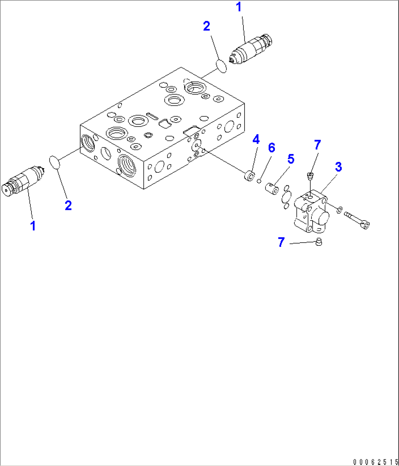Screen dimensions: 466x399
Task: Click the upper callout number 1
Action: [239, 7]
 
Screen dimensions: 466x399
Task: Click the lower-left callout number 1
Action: [33, 226]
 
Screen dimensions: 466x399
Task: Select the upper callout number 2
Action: [206, 26]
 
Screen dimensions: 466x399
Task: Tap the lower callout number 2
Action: [68, 205]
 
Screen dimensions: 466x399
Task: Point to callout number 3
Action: [338, 167]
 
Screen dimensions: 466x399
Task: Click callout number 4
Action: [256, 139]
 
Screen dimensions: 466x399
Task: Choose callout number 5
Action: [291, 159]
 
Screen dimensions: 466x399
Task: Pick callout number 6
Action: [271, 148]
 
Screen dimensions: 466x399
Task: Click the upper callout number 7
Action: [317, 145]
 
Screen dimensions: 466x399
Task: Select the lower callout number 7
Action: [281, 242]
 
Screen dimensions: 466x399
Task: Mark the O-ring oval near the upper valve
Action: [221, 66]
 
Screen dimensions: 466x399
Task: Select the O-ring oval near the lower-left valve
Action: [55, 162]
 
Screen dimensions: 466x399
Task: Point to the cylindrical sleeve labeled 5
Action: [272, 189]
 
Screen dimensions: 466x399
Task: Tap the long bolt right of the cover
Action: [357, 221]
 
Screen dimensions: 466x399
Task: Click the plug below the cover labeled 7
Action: [319, 242]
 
